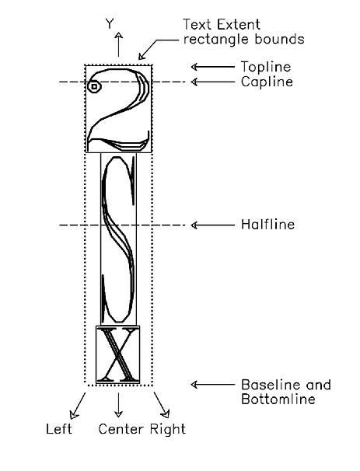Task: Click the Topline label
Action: click(x=266, y=67)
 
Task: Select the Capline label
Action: click(x=267, y=82)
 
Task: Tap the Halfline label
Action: click(x=267, y=225)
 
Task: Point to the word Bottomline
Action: click(x=278, y=399)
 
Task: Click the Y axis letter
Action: click(x=110, y=24)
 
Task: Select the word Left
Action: click(x=59, y=429)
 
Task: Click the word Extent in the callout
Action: click(x=239, y=24)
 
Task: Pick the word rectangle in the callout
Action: click(x=217, y=40)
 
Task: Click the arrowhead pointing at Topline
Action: click(x=194, y=67)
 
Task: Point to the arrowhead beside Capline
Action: click(x=194, y=82)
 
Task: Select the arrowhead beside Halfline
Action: click(x=194, y=225)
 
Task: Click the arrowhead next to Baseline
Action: click(x=194, y=384)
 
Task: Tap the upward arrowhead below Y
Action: click(x=119, y=35)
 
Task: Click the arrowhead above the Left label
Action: click(x=73, y=414)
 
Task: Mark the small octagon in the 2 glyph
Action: click(x=94, y=86)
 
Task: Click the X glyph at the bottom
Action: click(x=117, y=354)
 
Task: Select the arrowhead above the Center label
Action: click(x=119, y=413)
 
